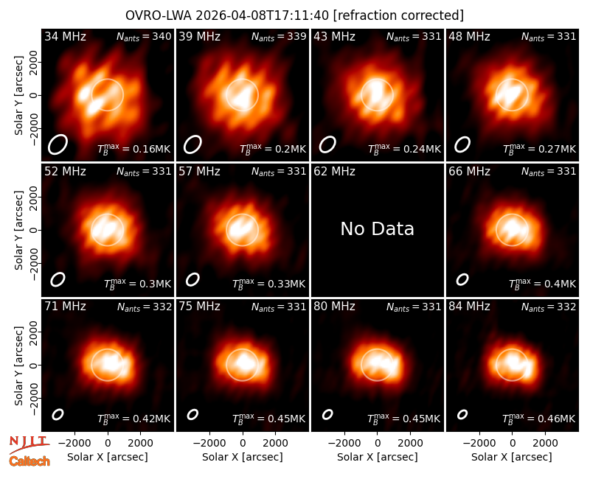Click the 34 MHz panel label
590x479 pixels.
[65, 36]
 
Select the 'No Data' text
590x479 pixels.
[377, 228]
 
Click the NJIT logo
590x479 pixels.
[29, 444]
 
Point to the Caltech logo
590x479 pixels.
[29, 461]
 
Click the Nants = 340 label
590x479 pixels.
[144, 36]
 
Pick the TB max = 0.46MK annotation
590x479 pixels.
[539, 419]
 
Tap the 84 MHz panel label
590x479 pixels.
[469, 307]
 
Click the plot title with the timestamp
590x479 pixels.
[294, 15]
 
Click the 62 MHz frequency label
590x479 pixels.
[335, 172]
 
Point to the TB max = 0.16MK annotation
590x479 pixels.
[134, 149]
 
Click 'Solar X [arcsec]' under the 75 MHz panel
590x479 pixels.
[243, 457]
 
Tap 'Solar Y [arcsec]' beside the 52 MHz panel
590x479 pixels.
[18, 230]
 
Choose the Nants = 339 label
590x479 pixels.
[279, 36]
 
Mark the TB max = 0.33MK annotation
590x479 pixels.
[268, 284]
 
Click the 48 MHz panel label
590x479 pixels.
[469, 36]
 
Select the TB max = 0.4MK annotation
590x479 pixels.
[542, 284]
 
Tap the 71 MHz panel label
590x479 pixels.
[65, 307]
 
